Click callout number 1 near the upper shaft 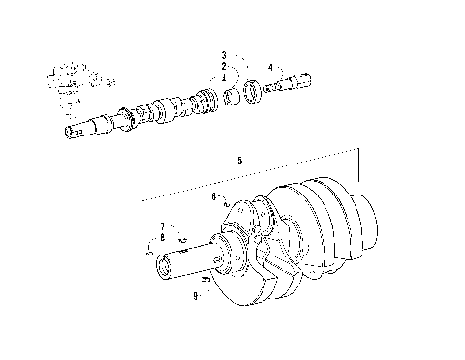pos(223,75)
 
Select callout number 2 pos(223,65)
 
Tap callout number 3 pos(223,55)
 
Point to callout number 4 pos(270,68)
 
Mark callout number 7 pos(162,226)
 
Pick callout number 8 pos(162,237)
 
